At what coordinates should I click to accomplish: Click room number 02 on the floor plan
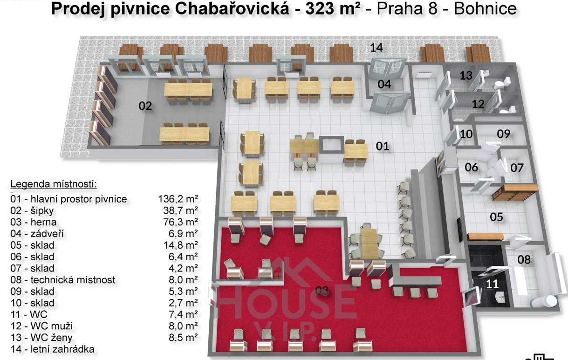click(x=145, y=106)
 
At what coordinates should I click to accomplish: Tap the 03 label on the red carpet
click(x=322, y=291)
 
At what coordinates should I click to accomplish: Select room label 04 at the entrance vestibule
click(x=384, y=84)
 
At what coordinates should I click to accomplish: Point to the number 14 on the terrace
click(x=376, y=48)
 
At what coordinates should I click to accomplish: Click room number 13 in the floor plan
click(x=466, y=75)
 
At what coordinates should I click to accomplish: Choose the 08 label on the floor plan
click(x=524, y=259)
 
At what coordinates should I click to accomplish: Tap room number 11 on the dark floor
click(x=492, y=284)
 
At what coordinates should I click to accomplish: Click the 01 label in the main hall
click(x=382, y=146)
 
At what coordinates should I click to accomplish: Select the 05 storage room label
click(x=496, y=217)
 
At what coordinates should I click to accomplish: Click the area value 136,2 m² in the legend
click(x=178, y=199)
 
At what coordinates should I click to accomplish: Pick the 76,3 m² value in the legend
click(x=180, y=222)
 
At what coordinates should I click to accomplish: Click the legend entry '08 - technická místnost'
click(x=63, y=280)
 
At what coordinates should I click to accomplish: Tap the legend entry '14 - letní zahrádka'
click(x=53, y=349)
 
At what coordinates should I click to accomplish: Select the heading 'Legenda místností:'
click(x=54, y=184)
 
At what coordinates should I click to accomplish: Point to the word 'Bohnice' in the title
click(x=485, y=9)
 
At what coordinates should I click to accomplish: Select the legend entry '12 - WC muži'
click(x=41, y=326)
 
